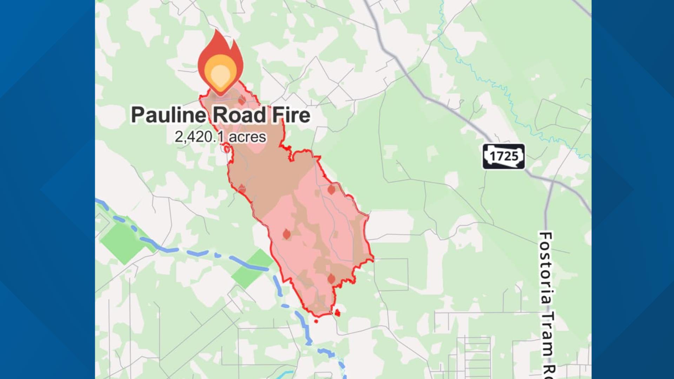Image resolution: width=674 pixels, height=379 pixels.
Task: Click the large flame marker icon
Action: point(220,65)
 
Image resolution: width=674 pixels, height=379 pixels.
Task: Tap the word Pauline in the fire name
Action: point(168,115)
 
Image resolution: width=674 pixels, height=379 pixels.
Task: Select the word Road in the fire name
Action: point(239,115)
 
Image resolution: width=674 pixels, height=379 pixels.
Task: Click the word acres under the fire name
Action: point(247,137)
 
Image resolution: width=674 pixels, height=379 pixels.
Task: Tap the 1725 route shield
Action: point(503,157)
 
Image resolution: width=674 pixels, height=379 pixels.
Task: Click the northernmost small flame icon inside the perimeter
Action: point(242,100)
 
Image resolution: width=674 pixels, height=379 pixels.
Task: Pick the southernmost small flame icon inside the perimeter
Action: point(331,279)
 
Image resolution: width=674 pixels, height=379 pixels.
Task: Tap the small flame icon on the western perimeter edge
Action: point(242,189)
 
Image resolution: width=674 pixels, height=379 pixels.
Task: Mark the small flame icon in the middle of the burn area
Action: point(286,234)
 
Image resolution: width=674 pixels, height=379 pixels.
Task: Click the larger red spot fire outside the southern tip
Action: point(337,312)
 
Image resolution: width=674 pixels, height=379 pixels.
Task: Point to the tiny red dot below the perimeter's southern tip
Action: point(316,321)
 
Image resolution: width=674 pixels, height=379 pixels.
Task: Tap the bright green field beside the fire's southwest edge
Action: point(252,268)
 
